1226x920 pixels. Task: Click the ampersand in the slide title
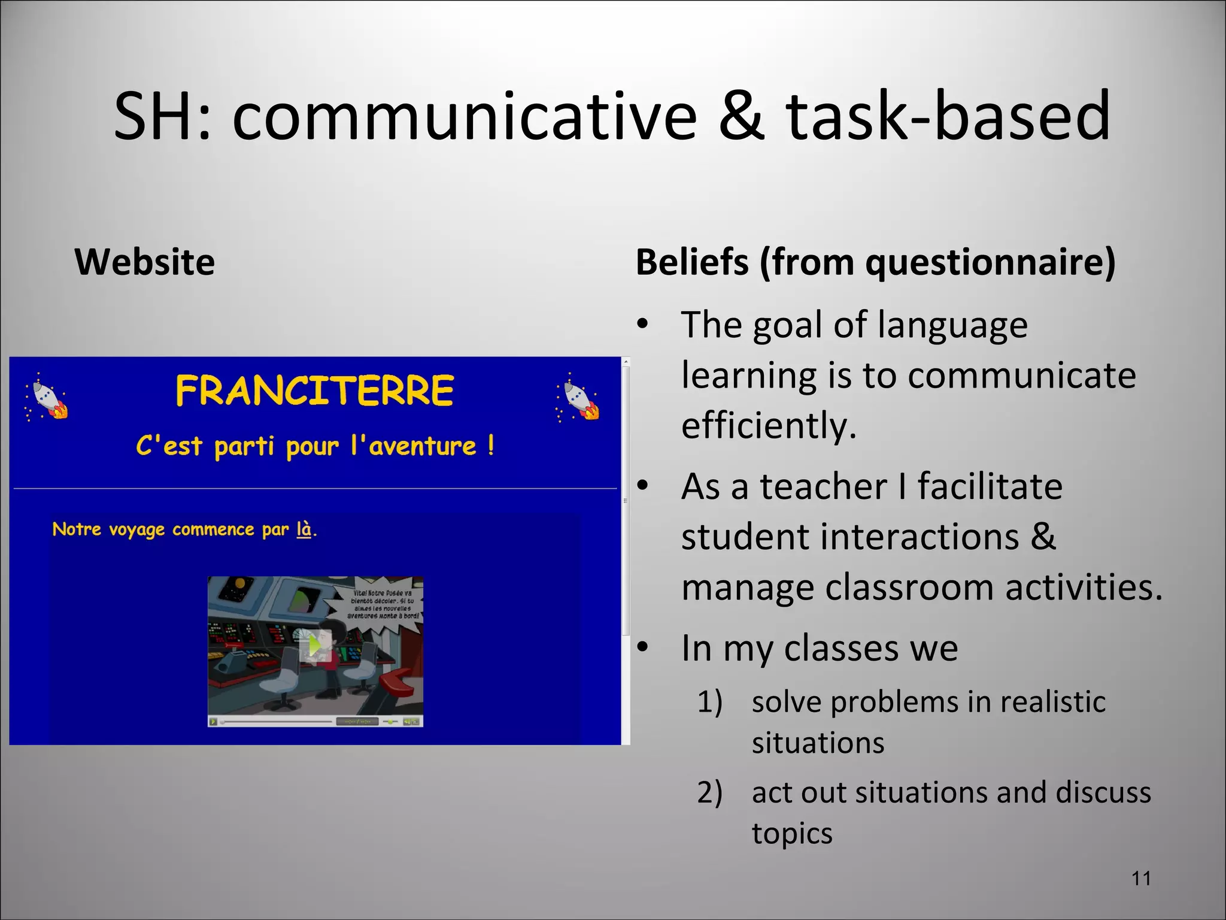click(741, 117)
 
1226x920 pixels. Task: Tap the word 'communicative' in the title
click(464, 117)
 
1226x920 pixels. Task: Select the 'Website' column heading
click(144, 262)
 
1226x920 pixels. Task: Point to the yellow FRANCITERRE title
click(315, 391)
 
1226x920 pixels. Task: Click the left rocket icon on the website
click(47, 396)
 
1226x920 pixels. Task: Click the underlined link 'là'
click(304, 529)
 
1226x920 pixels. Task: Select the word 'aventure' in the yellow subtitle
click(423, 446)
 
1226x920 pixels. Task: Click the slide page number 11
click(1142, 879)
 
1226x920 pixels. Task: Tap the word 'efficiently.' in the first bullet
click(769, 425)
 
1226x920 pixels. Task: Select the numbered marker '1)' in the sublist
click(710, 702)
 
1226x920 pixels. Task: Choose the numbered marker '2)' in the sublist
click(710, 792)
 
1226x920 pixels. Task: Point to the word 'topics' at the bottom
click(792, 834)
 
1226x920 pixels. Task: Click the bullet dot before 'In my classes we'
click(642, 647)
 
